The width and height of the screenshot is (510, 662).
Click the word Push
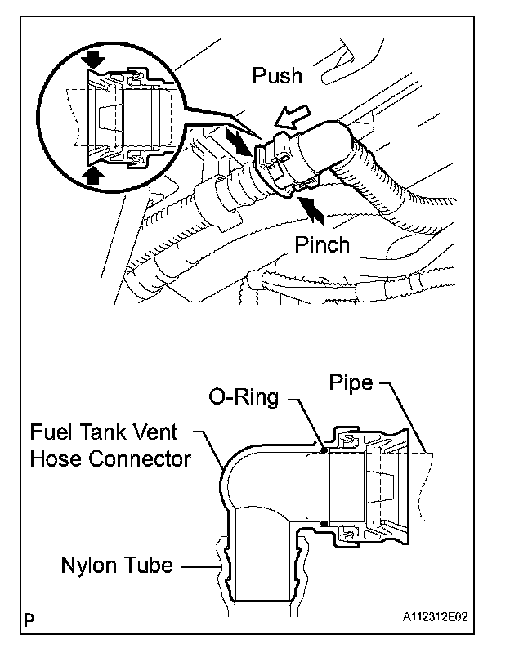[277, 76]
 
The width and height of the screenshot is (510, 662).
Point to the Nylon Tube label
[117, 565]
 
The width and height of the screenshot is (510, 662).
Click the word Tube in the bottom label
[150, 565]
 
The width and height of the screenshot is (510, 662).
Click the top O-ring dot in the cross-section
[324, 449]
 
